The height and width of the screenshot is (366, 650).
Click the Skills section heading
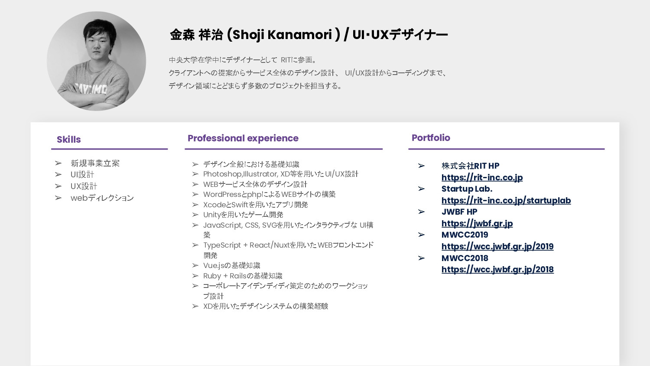pos(68,140)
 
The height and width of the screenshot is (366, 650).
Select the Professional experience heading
pos(243,138)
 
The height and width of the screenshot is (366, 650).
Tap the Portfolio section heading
pos(431,138)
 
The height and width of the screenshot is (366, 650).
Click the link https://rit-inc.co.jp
pos(482,177)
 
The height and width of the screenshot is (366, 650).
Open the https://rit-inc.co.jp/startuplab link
pos(506,200)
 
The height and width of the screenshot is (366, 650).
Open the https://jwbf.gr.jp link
pos(477,223)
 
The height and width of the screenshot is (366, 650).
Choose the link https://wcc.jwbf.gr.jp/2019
pos(497,246)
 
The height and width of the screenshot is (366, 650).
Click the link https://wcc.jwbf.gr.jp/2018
pos(497,269)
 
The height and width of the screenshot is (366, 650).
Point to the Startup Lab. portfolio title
pos(467,189)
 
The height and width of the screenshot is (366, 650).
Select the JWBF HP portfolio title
pos(459,212)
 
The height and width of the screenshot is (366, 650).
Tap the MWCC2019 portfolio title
pos(465,235)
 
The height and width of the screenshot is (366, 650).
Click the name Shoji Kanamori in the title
pos(282,35)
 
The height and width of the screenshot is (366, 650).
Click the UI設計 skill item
pos(82,175)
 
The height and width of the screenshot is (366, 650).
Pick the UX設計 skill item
pos(84,186)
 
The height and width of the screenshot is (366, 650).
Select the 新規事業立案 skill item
pos(95,163)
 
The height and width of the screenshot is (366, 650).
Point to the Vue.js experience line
pos(231,265)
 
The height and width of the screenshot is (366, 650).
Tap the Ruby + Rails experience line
pos(242,276)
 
